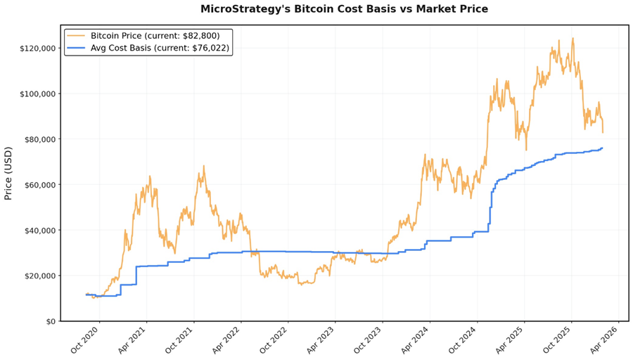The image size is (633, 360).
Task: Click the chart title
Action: (344, 9)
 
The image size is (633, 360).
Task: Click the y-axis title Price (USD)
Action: (8, 173)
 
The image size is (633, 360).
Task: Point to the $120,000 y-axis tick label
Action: (37, 49)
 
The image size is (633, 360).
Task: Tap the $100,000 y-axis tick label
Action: (37, 94)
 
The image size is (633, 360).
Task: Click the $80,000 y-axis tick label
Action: (39, 139)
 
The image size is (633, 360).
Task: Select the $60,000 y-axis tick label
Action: (39, 185)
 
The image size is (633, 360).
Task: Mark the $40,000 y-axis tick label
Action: (39, 231)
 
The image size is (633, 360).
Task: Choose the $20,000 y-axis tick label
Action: (39, 276)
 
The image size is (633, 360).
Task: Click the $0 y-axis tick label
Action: (49, 321)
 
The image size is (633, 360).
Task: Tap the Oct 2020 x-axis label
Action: (86, 340)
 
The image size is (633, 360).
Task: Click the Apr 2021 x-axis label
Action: (133, 340)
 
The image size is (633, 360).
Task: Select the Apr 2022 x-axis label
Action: (227, 340)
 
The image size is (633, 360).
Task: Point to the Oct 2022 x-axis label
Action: (274, 340)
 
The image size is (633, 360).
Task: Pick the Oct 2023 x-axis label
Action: (369, 340)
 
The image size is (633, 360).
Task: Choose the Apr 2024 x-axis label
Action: (416, 340)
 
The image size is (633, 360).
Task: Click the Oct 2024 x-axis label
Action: (463, 340)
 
